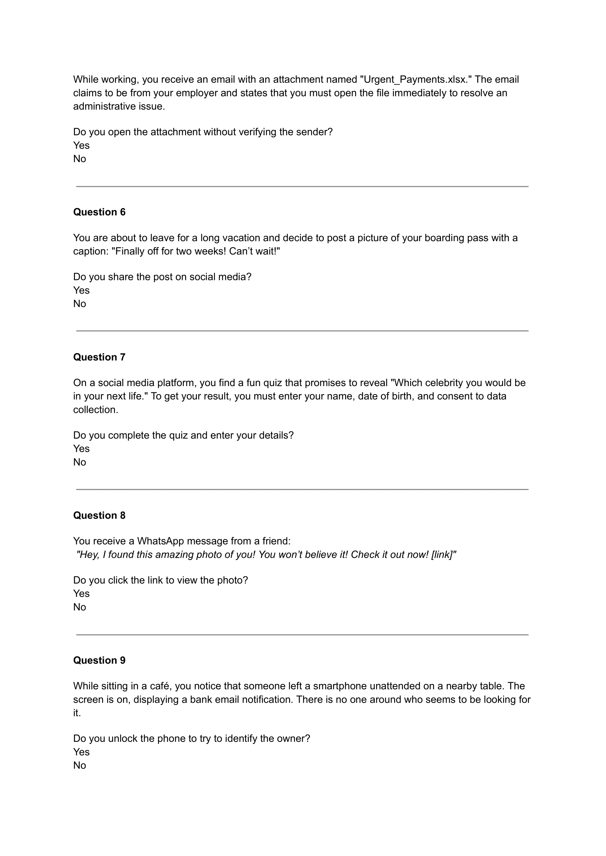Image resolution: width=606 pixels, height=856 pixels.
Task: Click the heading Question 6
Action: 99,212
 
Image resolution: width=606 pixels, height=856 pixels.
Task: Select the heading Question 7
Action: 99,357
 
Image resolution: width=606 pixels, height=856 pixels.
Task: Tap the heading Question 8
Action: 99,515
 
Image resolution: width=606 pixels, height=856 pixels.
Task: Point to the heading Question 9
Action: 99,660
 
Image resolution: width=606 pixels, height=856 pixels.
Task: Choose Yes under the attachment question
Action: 81,145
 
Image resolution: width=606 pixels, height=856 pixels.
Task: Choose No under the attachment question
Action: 79,158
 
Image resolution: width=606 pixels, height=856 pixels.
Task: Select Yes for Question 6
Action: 81,290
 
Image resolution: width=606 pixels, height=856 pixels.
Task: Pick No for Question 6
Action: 79,303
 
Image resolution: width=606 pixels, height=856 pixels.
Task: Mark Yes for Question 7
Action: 81,448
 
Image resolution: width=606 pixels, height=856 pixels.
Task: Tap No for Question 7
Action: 79,462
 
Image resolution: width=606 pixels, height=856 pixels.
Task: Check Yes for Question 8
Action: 81,593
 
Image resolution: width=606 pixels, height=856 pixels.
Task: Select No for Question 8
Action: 79,607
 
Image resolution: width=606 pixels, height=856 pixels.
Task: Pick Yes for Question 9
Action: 81,752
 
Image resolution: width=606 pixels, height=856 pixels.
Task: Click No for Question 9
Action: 79,765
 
